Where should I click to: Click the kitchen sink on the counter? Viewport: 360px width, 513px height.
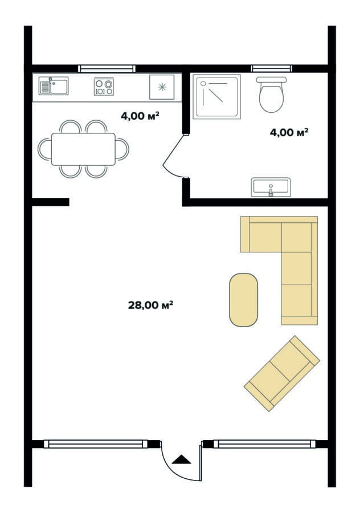[x=54, y=86]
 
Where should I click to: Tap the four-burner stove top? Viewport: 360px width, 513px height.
[x=104, y=87]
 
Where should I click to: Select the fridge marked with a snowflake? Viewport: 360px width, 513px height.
[x=162, y=87]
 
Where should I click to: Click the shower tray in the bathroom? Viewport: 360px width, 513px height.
[x=216, y=96]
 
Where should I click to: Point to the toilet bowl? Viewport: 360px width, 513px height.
[x=271, y=95]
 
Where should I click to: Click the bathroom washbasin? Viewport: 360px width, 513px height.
[x=271, y=187]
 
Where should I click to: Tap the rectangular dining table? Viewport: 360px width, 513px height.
[x=83, y=149]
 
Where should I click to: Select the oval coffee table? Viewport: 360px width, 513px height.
[x=244, y=300]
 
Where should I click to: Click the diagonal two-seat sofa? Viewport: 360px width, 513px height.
[x=282, y=373]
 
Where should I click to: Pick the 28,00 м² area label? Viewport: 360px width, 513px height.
[x=150, y=306]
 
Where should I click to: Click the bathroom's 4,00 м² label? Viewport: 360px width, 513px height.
[x=289, y=132]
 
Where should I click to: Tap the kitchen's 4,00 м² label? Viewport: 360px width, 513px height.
[x=140, y=116]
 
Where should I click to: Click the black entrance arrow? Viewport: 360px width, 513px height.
[x=181, y=459]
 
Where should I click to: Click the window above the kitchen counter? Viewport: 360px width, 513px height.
[x=107, y=69]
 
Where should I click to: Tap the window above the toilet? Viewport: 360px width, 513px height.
[x=271, y=69]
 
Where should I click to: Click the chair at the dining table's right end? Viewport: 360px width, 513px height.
[x=122, y=149]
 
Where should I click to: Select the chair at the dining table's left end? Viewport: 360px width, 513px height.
[x=45, y=149]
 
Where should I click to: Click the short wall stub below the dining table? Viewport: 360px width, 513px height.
[x=50, y=202]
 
